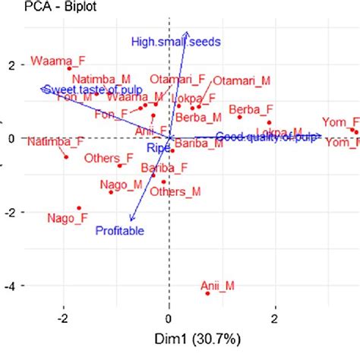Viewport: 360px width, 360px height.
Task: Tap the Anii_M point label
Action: [x=217, y=286]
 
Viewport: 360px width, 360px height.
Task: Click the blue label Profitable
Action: [x=119, y=230]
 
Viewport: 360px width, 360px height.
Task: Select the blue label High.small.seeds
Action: [x=175, y=42]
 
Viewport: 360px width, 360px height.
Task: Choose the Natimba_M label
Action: [x=96, y=78]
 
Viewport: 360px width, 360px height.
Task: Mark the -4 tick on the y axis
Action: [x=11, y=286]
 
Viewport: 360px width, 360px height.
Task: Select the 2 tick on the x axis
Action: [x=274, y=317]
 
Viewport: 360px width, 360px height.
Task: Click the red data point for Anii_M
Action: [x=207, y=292]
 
